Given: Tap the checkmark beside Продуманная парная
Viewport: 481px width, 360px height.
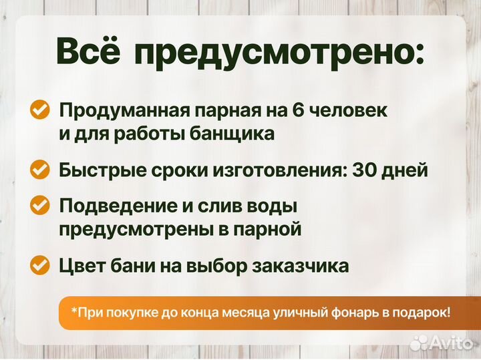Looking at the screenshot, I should (41, 110).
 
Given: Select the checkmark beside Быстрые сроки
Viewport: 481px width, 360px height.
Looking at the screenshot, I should (41, 170).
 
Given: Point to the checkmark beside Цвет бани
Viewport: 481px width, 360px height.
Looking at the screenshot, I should (41, 266).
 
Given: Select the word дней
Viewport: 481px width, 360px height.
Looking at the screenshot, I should (405, 170).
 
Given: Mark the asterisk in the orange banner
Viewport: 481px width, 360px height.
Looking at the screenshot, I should (74, 311).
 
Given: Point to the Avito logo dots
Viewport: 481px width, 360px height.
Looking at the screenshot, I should (419, 343).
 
